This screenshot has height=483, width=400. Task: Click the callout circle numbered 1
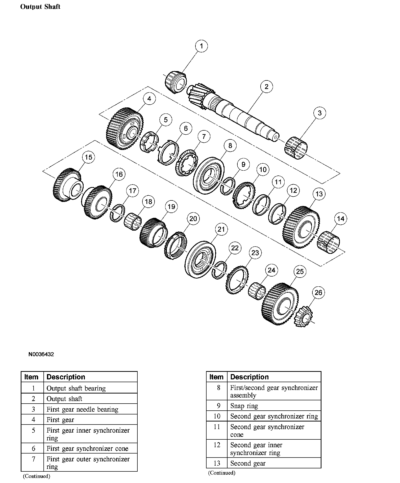[201, 46]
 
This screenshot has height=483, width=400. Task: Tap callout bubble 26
[318, 292]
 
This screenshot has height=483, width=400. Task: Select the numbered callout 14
[341, 219]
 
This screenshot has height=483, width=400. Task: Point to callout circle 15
[88, 157]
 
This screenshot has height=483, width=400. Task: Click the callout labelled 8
[230, 145]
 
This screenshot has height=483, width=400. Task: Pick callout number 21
[221, 229]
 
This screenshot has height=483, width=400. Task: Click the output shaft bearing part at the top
[176, 82]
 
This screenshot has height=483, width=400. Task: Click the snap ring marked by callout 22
[219, 270]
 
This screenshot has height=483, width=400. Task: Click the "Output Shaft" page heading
[40, 7]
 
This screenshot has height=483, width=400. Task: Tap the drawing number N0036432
[41, 354]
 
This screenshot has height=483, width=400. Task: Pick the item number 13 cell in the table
[217, 463]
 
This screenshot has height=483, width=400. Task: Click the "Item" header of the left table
[32, 377]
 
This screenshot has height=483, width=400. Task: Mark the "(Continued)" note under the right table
[221, 473]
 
